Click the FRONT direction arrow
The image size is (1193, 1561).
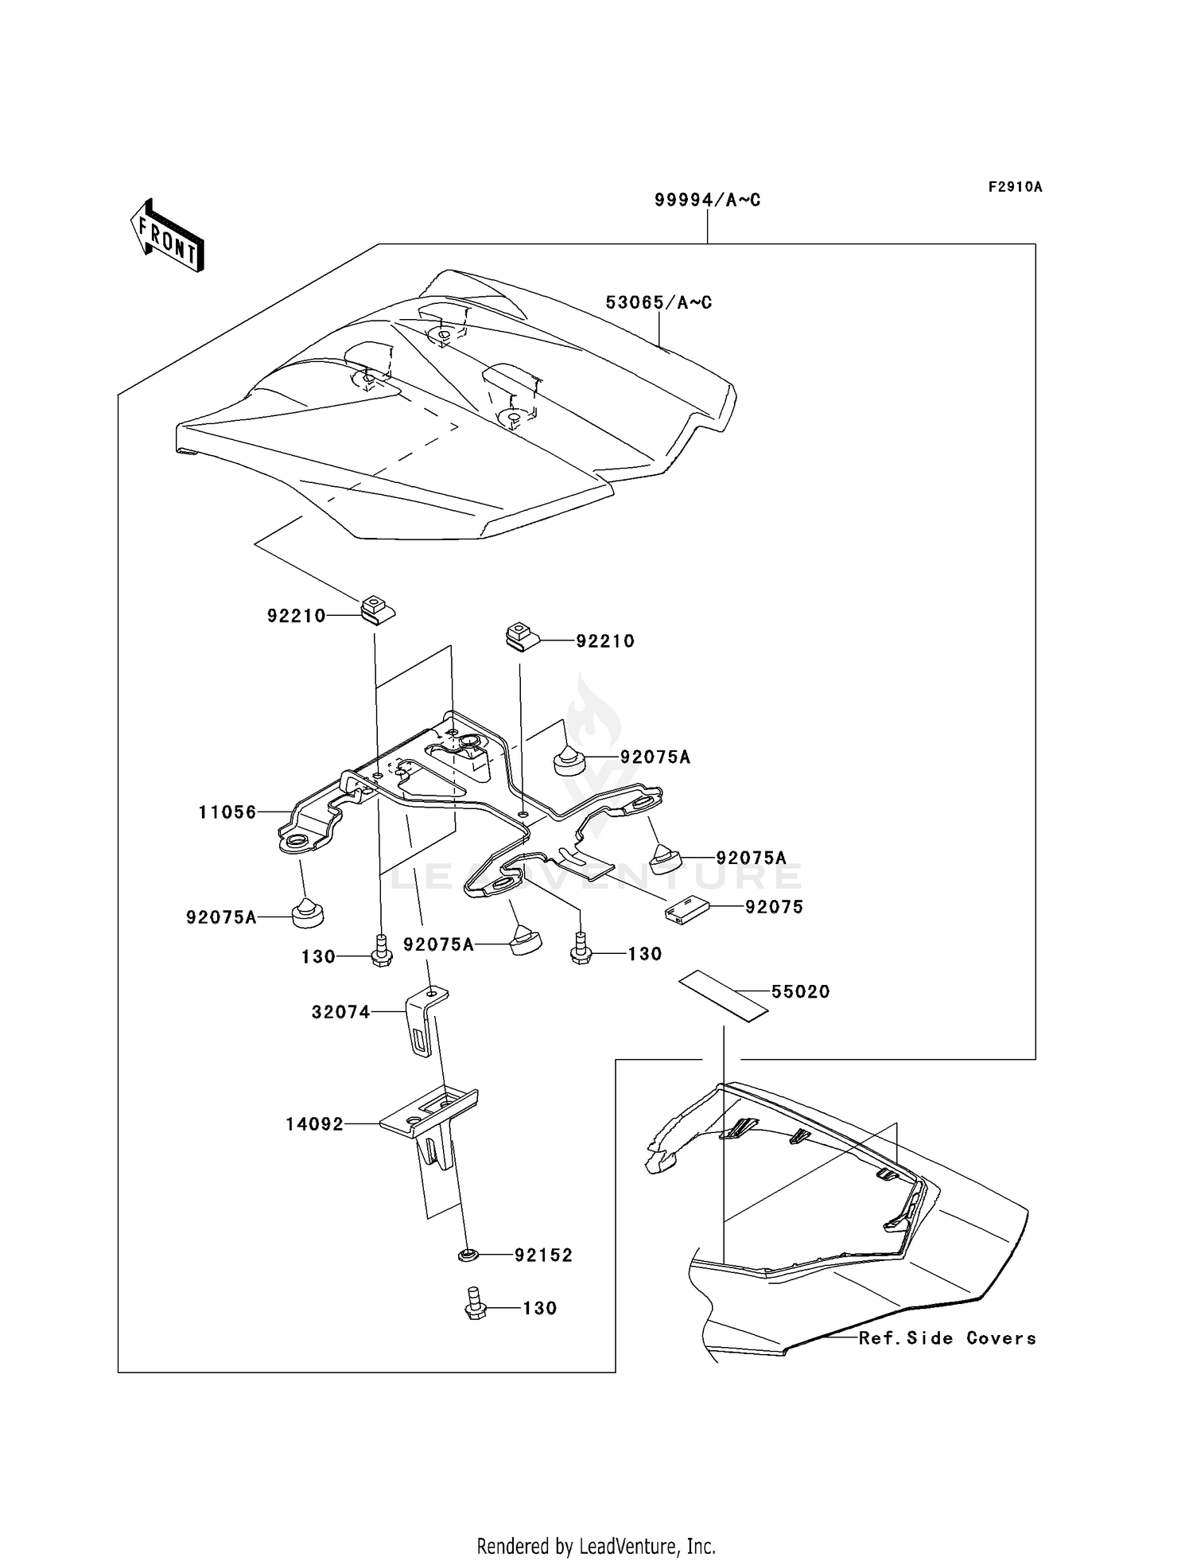[x=168, y=236]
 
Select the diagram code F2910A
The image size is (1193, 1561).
[x=1015, y=187]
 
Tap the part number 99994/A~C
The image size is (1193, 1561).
[x=707, y=200]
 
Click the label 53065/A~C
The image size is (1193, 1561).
[x=659, y=302]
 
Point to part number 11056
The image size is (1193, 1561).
[x=227, y=812]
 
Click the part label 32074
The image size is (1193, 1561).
[x=340, y=1012]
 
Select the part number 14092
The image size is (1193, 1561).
[x=315, y=1124]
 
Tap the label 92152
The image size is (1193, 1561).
[x=543, y=1255]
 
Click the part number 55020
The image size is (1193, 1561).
[x=800, y=991]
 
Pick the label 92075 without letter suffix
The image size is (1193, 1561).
[x=774, y=907]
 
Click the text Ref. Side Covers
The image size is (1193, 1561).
[x=947, y=1338]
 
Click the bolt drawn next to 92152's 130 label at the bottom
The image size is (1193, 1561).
[x=475, y=1309]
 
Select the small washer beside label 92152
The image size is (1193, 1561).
[x=468, y=1255]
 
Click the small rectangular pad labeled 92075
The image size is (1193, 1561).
[x=686, y=910]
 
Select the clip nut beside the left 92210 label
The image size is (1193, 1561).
[x=378, y=611]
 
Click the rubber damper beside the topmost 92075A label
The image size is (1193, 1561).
[x=569, y=758]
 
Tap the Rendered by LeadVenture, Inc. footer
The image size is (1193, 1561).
[x=596, y=1546]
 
